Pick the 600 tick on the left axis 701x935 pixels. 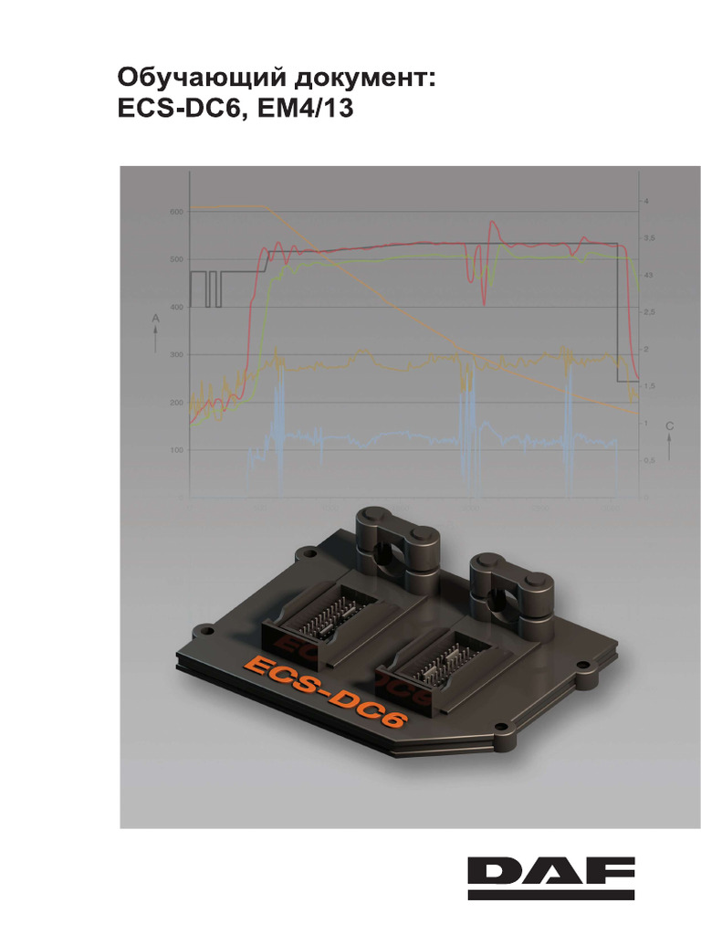175,212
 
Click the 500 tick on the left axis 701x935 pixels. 175,260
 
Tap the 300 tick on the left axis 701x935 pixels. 175,355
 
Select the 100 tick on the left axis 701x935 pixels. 175,450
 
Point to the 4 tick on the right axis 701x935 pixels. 646,200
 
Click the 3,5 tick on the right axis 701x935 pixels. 649,237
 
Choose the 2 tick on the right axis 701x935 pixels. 646,349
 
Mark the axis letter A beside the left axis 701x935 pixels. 156,317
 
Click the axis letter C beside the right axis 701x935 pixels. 669,426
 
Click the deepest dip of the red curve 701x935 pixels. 485,302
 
